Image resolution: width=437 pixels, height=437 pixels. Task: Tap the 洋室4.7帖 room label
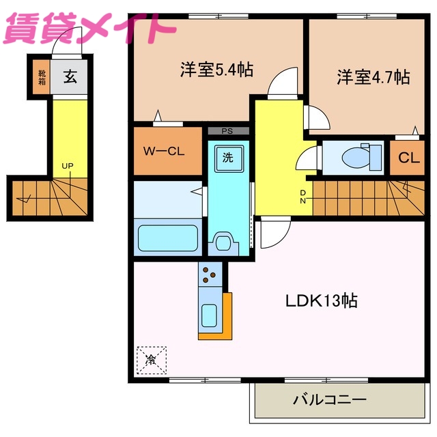point(372,76)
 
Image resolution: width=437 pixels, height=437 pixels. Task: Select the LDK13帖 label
point(322,300)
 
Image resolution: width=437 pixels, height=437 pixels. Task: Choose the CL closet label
point(408,158)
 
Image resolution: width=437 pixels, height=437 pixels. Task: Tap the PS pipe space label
point(227,130)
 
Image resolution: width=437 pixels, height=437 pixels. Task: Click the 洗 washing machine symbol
point(227,157)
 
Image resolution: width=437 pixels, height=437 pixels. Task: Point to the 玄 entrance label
point(70,76)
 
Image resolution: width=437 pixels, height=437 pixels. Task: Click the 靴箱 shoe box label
point(42,76)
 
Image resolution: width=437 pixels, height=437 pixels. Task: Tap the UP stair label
point(67,166)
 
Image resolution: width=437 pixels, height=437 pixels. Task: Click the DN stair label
point(303,196)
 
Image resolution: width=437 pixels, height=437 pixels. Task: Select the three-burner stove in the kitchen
point(210,274)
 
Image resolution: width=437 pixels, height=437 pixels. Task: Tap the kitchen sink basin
point(210,315)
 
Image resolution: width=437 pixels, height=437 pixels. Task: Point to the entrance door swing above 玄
point(72,42)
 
